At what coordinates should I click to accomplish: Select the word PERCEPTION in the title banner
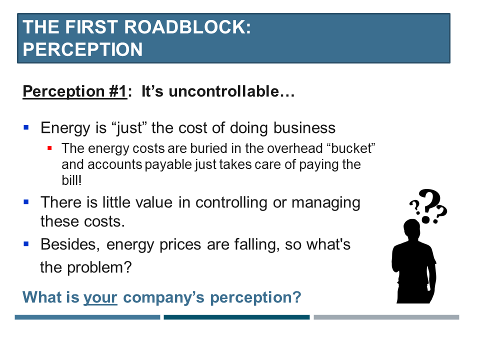tap(82, 49)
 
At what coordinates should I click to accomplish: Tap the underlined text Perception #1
tap(74, 91)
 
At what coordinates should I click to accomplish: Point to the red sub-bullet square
tap(49, 148)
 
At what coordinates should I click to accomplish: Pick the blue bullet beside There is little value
tap(26, 201)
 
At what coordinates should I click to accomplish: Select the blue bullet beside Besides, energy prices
tap(26, 244)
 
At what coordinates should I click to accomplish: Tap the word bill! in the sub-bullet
tap(71, 180)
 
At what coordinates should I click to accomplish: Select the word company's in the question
tap(163, 297)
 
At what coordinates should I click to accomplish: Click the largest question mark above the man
tap(429, 205)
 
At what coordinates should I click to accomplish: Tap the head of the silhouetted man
tap(412, 229)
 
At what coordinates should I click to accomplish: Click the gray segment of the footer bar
tap(386, 317)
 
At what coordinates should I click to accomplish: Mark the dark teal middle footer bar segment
tap(236, 317)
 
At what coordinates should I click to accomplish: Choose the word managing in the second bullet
tap(325, 203)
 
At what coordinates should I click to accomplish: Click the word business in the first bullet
tap(304, 127)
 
